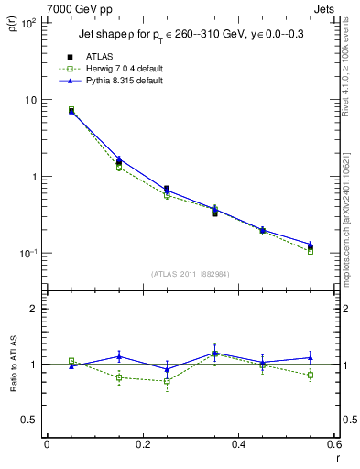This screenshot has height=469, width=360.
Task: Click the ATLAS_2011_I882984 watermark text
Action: [x=191, y=274]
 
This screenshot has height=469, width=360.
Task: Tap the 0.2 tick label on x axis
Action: [x=143, y=443]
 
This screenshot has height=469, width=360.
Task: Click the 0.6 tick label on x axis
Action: [x=334, y=443]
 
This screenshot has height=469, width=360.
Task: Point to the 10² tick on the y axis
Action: [x=28, y=23]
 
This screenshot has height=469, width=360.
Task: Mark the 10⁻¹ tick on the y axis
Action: [x=28, y=254]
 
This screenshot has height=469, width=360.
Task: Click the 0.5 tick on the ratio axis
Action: [x=31, y=420]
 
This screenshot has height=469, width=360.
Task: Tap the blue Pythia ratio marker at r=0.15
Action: [x=119, y=356]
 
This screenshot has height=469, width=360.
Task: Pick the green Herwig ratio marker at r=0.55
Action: [x=311, y=375]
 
